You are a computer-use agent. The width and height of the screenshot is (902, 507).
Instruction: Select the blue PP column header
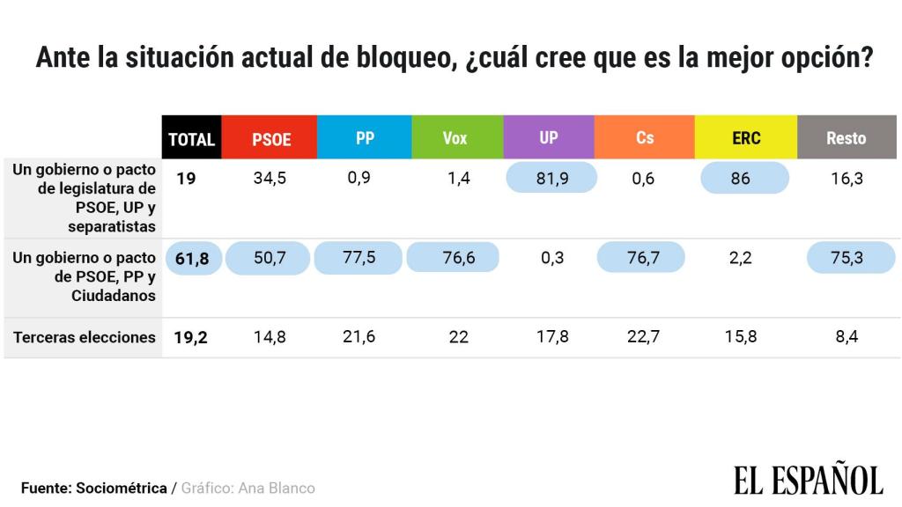(x=365, y=138)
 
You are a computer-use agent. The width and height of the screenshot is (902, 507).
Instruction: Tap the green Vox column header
(x=456, y=138)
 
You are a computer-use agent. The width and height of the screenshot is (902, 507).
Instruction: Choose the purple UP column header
(x=549, y=138)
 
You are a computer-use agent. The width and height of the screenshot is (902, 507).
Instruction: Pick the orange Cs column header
(x=645, y=138)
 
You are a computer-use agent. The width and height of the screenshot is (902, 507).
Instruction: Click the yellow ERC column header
(x=745, y=138)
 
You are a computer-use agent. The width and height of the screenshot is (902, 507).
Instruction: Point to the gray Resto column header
(x=846, y=138)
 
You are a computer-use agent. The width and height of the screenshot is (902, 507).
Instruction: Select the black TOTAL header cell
(x=191, y=138)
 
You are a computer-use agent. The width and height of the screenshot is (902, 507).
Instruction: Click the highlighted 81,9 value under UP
(x=551, y=179)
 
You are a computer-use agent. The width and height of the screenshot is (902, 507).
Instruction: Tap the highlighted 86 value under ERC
(x=740, y=179)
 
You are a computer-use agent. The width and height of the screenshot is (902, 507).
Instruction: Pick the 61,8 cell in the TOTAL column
(x=193, y=259)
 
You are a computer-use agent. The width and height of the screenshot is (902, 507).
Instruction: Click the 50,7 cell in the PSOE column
(x=268, y=259)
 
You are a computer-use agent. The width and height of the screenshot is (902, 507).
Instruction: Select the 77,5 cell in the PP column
(x=359, y=259)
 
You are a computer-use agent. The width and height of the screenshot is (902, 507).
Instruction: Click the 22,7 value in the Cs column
(x=643, y=337)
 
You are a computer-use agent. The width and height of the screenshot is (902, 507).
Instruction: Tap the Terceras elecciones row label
(x=85, y=337)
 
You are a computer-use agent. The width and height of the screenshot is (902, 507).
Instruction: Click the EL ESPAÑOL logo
(x=808, y=480)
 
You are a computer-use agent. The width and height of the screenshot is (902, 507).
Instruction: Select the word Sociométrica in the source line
(x=122, y=488)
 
